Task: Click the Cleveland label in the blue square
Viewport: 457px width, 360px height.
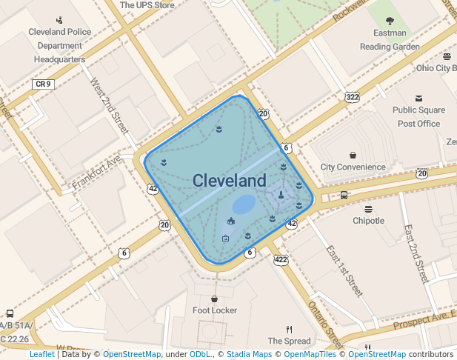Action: pyautogui.click(x=229, y=181)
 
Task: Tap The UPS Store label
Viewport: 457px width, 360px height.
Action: pyautogui.click(x=147, y=5)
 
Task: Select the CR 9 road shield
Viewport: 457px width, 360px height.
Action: pyautogui.click(x=43, y=84)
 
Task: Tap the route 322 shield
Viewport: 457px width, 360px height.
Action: pyautogui.click(x=352, y=97)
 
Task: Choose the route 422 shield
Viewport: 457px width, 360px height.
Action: pyautogui.click(x=281, y=259)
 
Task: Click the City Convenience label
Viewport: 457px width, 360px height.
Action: pyautogui.click(x=353, y=167)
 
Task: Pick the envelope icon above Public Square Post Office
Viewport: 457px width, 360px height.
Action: pyautogui.click(x=418, y=99)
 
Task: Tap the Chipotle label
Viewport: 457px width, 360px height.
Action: pyautogui.click(x=368, y=221)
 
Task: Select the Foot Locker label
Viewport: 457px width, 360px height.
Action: pyautogui.click(x=215, y=310)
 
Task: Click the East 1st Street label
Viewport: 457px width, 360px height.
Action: pyautogui.click(x=344, y=271)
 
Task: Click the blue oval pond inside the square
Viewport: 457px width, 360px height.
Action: pyautogui.click(x=244, y=204)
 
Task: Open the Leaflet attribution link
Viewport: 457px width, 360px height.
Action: pyautogui.click(x=41, y=355)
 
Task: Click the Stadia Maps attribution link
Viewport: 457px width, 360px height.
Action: pyautogui.click(x=249, y=355)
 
